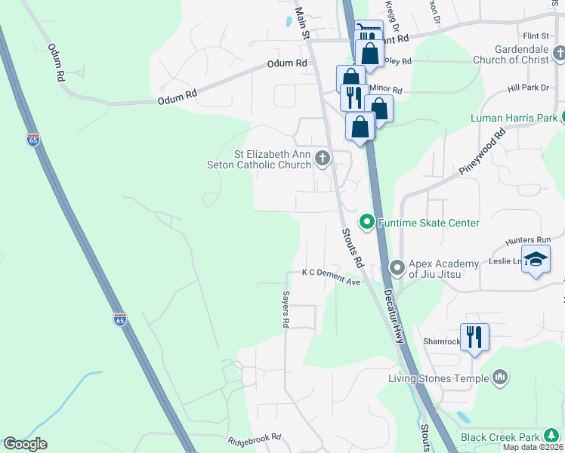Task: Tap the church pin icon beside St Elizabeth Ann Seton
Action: click(x=323, y=158)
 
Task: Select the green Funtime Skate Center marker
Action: click(x=367, y=222)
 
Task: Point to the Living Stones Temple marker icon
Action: click(x=499, y=377)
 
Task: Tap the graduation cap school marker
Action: click(x=536, y=260)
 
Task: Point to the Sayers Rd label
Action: click(x=286, y=310)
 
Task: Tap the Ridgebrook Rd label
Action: click(x=255, y=438)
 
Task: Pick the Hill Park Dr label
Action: click(x=528, y=88)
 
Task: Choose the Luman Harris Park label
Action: click(x=513, y=118)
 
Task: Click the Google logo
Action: click(x=26, y=444)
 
